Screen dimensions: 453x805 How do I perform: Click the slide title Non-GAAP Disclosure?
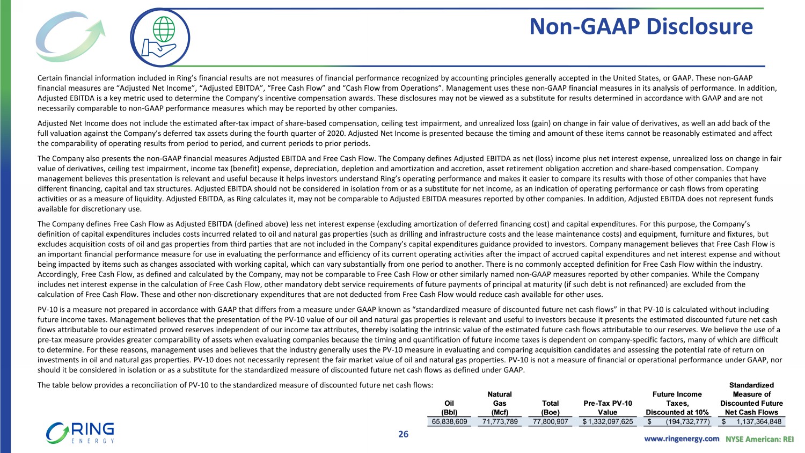click(641, 26)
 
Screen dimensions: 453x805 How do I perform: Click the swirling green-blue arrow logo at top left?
click(68, 36)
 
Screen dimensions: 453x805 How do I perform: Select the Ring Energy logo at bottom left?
click(80, 433)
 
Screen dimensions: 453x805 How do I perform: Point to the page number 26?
click(403, 434)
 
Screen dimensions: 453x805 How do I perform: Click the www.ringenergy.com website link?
click(682, 439)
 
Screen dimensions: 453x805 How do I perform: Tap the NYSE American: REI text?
click(759, 439)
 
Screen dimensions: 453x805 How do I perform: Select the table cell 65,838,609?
click(450, 422)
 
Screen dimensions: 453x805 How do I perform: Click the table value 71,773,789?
click(500, 422)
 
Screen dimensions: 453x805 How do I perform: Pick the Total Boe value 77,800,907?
click(550, 422)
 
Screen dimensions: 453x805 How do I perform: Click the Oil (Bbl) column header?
click(449, 408)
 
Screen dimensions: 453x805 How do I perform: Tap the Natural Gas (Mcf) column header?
click(500, 403)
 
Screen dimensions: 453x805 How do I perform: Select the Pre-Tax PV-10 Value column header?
click(608, 408)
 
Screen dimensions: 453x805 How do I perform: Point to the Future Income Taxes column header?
click(677, 403)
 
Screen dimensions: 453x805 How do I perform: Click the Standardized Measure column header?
click(751, 399)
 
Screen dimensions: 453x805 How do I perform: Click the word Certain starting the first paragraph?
click(49, 78)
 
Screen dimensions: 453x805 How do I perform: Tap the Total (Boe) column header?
click(550, 408)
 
